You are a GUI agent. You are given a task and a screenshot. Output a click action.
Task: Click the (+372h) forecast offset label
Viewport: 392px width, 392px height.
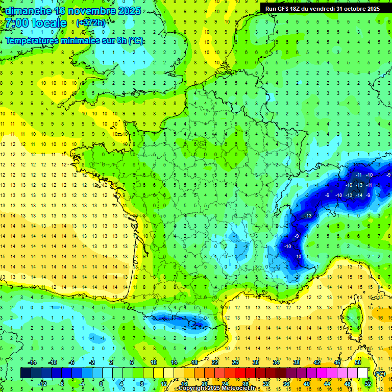click(x=91, y=22)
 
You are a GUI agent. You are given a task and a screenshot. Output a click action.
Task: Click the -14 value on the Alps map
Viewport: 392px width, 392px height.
click(x=359, y=195)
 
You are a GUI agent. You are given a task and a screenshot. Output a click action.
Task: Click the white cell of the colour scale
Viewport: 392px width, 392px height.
click(x=362, y=373)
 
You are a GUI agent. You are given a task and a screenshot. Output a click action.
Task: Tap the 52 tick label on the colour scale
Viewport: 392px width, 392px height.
click(x=367, y=383)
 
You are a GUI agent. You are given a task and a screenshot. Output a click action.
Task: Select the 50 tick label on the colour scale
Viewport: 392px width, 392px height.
click(x=358, y=362)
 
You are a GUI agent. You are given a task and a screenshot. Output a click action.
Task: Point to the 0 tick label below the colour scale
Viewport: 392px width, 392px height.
click(x=101, y=383)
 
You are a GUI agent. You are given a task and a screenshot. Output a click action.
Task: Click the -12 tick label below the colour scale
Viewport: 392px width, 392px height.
click(x=43, y=383)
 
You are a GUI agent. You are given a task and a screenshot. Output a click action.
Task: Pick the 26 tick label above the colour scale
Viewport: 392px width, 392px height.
click(x=235, y=362)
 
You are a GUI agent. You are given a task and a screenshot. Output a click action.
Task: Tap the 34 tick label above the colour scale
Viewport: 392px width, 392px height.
click(x=276, y=362)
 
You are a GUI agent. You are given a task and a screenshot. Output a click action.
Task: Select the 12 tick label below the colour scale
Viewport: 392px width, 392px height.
click(x=164, y=383)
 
